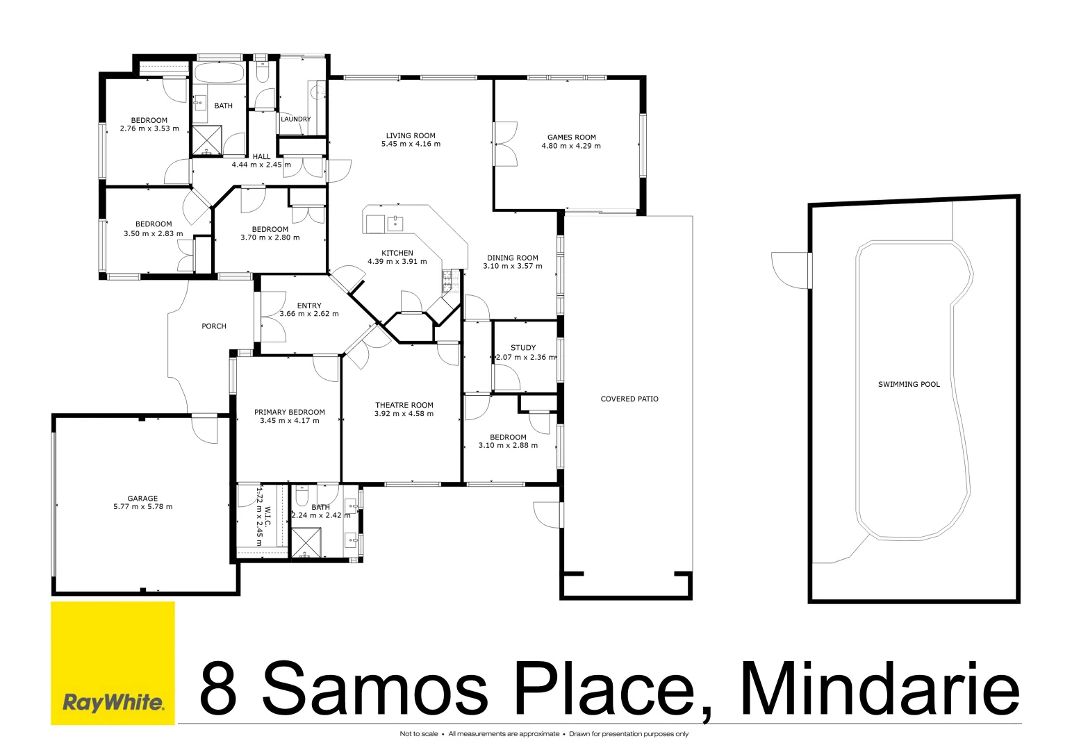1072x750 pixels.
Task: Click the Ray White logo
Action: [113, 702]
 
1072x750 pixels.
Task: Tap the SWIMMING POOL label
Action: [909, 384]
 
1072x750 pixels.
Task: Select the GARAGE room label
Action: [142, 498]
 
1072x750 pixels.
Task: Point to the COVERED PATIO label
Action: [629, 399]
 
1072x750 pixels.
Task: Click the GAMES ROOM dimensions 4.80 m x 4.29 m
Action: [571, 146]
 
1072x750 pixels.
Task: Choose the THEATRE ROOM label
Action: [404, 405]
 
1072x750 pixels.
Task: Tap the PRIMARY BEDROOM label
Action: [290, 412]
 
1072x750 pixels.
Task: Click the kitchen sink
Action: [395, 224]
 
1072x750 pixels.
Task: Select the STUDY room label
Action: [523, 348]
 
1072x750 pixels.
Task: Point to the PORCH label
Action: [214, 326]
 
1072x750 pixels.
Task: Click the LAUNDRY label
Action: [295, 119]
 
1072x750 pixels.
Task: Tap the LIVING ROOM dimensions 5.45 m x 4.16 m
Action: [411, 144]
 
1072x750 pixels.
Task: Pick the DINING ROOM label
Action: [513, 258]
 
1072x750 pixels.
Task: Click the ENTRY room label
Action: [309, 306]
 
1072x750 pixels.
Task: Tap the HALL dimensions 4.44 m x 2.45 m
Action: [261, 165]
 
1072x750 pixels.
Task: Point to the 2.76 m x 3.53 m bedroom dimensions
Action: [149, 128]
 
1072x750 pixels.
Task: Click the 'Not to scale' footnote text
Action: [418, 734]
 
